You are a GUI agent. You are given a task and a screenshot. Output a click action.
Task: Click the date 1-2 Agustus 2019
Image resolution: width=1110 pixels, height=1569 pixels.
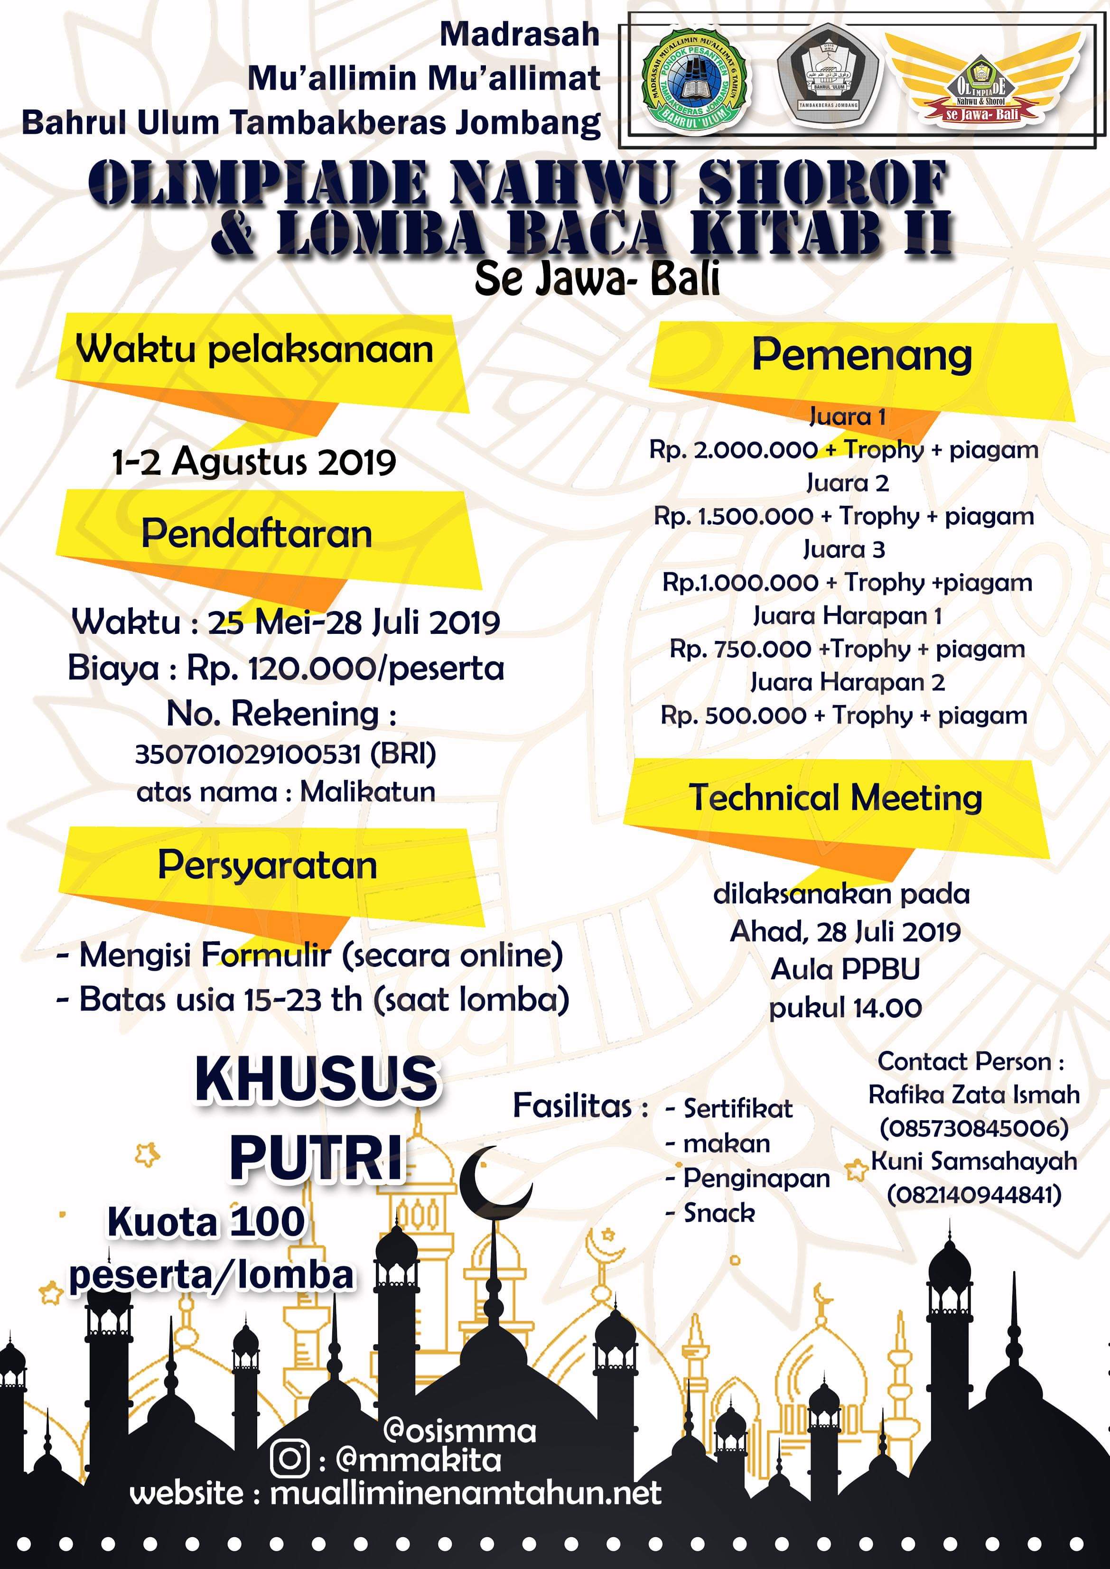click(254, 463)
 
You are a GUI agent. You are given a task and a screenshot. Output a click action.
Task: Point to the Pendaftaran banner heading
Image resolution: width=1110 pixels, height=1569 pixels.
click(257, 534)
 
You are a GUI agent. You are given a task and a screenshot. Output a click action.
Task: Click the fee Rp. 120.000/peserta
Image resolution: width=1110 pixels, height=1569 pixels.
click(345, 668)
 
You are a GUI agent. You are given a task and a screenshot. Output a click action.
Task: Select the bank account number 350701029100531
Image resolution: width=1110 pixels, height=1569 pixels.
click(247, 754)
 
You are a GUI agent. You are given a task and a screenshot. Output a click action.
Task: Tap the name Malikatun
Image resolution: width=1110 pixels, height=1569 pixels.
click(368, 792)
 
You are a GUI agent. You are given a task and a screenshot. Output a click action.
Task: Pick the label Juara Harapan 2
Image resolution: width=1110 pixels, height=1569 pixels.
click(848, 682)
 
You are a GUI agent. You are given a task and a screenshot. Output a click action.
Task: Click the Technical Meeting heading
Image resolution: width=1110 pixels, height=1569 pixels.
click(835, 798)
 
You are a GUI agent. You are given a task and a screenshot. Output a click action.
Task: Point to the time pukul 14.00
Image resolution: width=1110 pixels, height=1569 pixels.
click(846, 1008)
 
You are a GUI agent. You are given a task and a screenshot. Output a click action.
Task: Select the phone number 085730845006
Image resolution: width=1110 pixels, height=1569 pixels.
click(973, 1128)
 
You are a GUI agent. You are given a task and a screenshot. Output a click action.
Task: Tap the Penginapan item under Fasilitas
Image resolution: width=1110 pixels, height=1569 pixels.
click(756, 1178)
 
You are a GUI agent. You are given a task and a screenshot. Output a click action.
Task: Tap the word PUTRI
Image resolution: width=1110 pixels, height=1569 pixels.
click(317, 1160)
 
